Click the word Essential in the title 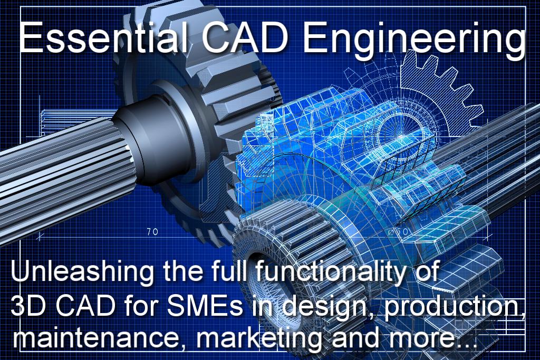103,37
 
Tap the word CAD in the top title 245,37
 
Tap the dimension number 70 152,232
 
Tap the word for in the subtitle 140,305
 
